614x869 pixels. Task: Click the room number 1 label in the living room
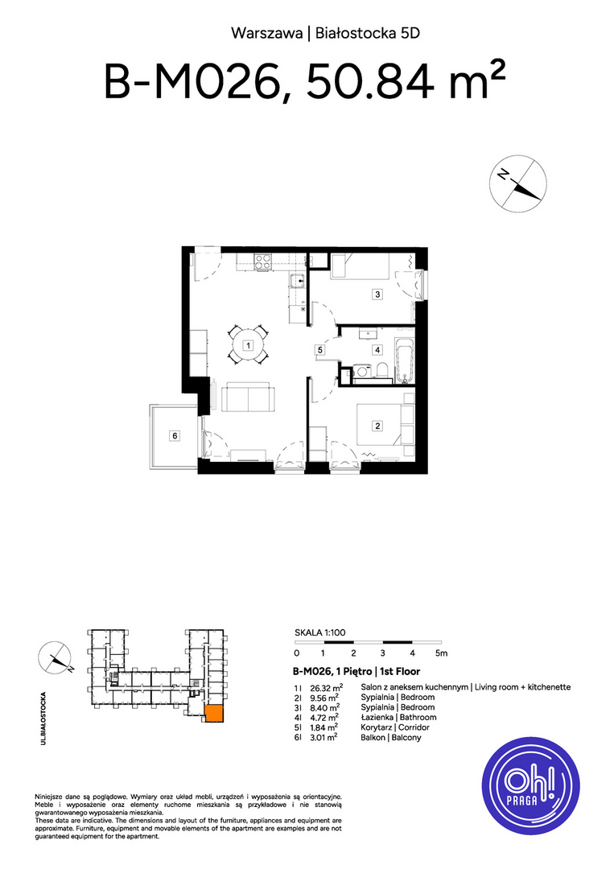point(249,346)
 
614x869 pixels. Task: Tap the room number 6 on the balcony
point(175,436)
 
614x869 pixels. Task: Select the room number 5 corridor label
point(320,350)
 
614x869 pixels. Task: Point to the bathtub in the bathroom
point(405,360)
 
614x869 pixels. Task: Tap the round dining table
point(249,346)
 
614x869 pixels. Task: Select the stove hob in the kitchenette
point(263,262)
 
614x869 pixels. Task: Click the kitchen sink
point(297,282)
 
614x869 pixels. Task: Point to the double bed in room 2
point(385,425)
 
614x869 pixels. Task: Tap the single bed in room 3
point(361,266)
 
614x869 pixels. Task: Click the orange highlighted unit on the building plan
point(214,714)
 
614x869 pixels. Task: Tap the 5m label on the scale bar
point(441,653)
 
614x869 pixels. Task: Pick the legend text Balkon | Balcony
point(390,738)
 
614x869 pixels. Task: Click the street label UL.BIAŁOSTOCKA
point(43,718)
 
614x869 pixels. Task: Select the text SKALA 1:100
point(319,632)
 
